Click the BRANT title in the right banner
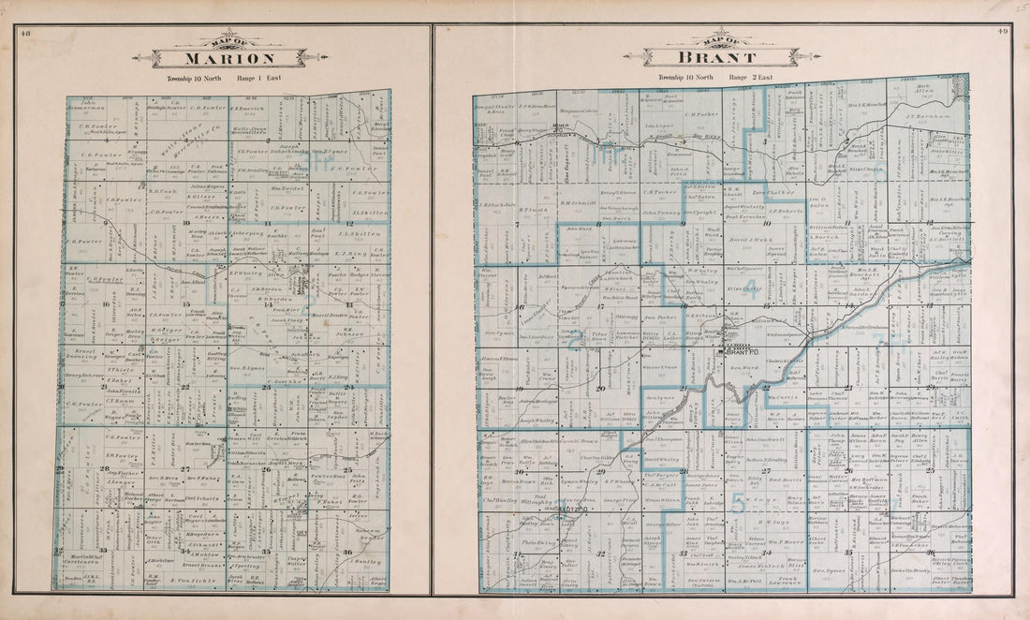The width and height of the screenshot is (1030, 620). point(721,56)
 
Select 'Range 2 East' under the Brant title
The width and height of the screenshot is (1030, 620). point(751,77)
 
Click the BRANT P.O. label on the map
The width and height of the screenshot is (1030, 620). point(739,352)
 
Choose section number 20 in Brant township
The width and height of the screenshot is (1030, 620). point(600,387)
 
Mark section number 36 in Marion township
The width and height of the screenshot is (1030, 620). point(349,552)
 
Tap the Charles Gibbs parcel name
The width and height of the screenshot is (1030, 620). point(596,458)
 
